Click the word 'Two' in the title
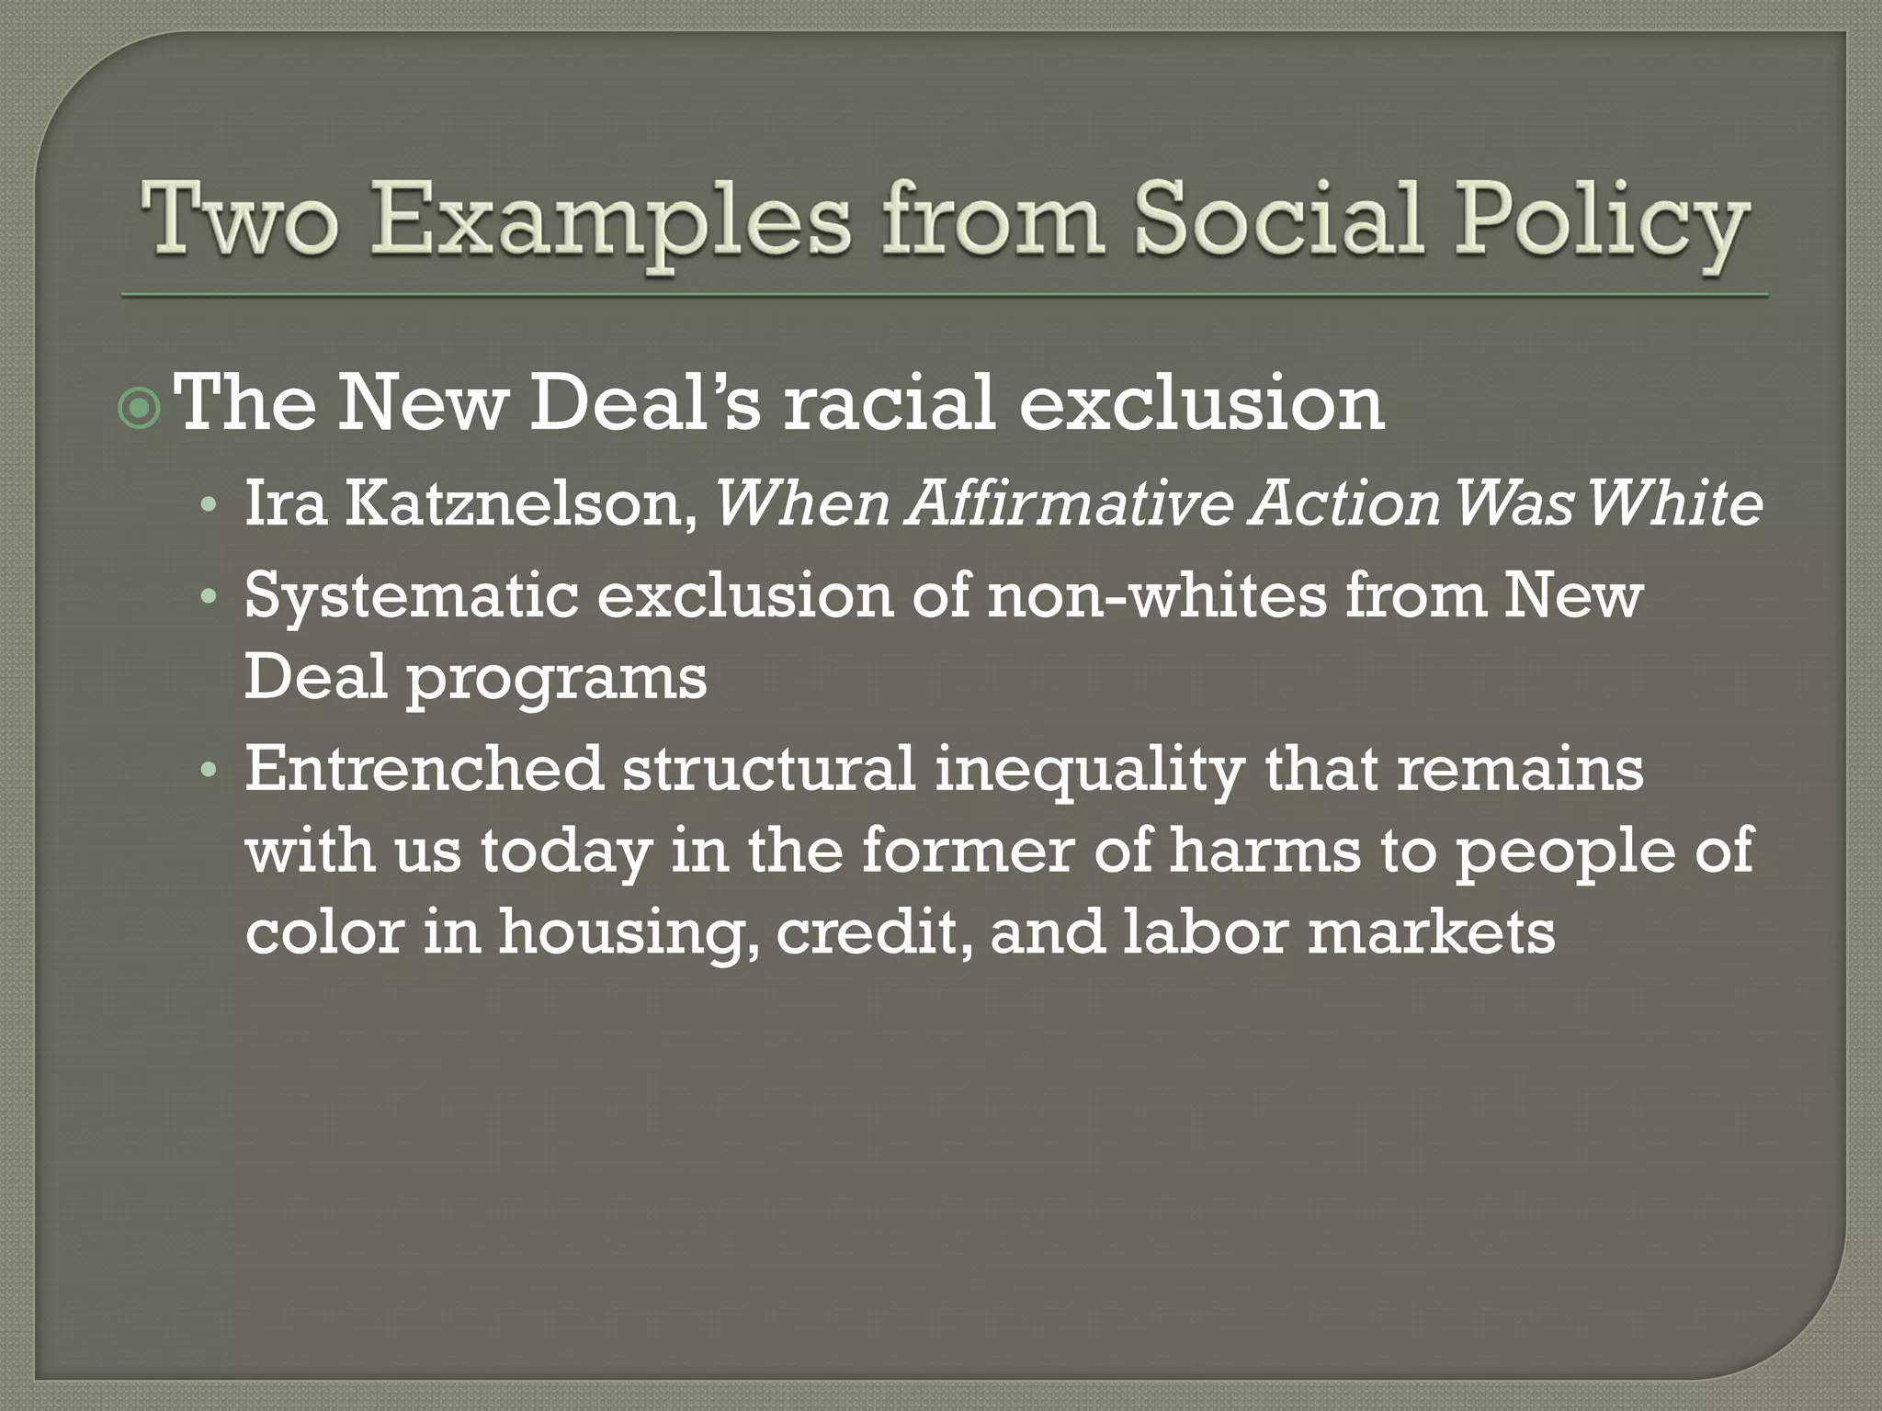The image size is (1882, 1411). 237,220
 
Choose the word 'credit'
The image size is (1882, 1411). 874,932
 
